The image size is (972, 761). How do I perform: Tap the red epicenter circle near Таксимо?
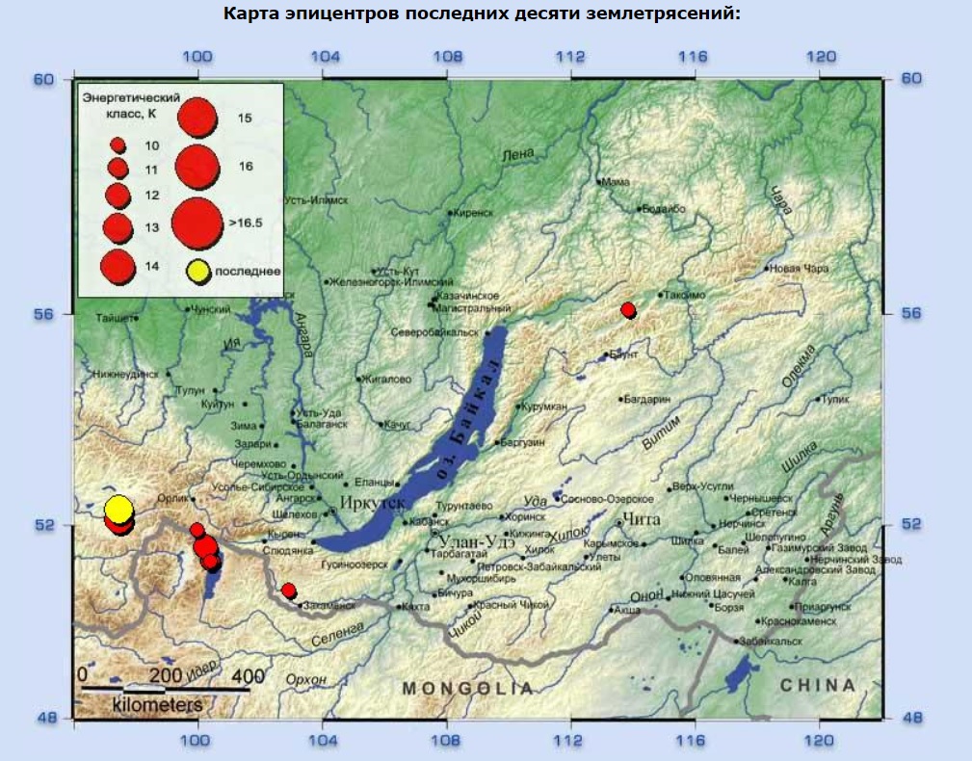click(628, 309)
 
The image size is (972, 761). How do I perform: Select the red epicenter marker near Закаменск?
click(288, 590)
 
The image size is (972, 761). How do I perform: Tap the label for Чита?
click(643, 520)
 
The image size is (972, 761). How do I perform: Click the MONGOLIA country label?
click(467, 688)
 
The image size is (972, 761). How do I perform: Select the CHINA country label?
click(818, 685)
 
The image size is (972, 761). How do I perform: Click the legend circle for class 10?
click(118, 144)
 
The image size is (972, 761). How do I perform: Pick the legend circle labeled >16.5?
click(197, 223)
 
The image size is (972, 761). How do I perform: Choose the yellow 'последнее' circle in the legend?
click(197, 272)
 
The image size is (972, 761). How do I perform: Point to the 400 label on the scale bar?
click(249, 673)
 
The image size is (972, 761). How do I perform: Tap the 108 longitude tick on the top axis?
click(446, 56)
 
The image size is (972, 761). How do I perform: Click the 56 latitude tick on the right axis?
click(910, 314)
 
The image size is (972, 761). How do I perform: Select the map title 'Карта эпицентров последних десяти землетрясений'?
click(486, 14)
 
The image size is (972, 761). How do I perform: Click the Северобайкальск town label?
click(434, 332)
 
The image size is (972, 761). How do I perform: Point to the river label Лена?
click(517, 155)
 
